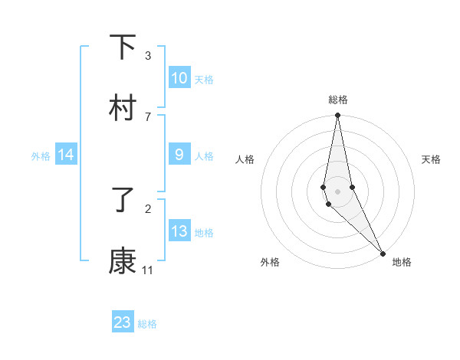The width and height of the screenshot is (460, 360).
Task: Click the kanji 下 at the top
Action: (x=123, y=47)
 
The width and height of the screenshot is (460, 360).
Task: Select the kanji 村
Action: (x=123, y=109)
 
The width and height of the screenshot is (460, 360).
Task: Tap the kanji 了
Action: (x=123, y=201)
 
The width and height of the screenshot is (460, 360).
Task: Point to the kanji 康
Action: (x=123, y=262)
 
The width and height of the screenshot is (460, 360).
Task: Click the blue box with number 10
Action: (x=179, y=78)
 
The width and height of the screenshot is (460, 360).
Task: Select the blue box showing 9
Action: (x=179, y=155)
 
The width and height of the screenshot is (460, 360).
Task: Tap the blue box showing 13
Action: (x=179, y=231)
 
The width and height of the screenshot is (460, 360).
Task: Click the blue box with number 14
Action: (x=66, y=155)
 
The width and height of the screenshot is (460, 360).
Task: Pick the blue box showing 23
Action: (x=123, y=322)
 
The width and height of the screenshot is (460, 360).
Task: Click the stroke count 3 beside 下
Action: (x=148, y=56)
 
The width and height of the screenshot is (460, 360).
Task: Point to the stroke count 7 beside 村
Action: (x=148, y=116)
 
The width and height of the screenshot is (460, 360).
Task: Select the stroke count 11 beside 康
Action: (x=148, y=270)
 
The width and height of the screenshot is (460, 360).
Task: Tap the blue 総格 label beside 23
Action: (x=147, y=324)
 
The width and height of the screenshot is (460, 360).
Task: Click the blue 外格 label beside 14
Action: (x=41, y=156)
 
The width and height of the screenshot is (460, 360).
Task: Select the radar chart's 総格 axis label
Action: (x=337, y=100)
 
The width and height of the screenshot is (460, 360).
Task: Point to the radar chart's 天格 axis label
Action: (x=432, y=159)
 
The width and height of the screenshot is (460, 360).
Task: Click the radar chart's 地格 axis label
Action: (x=402, y=262)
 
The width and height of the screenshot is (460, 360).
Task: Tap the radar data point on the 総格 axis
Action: (x=337, y=116)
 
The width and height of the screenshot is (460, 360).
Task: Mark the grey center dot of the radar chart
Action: (x=337, y=191)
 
